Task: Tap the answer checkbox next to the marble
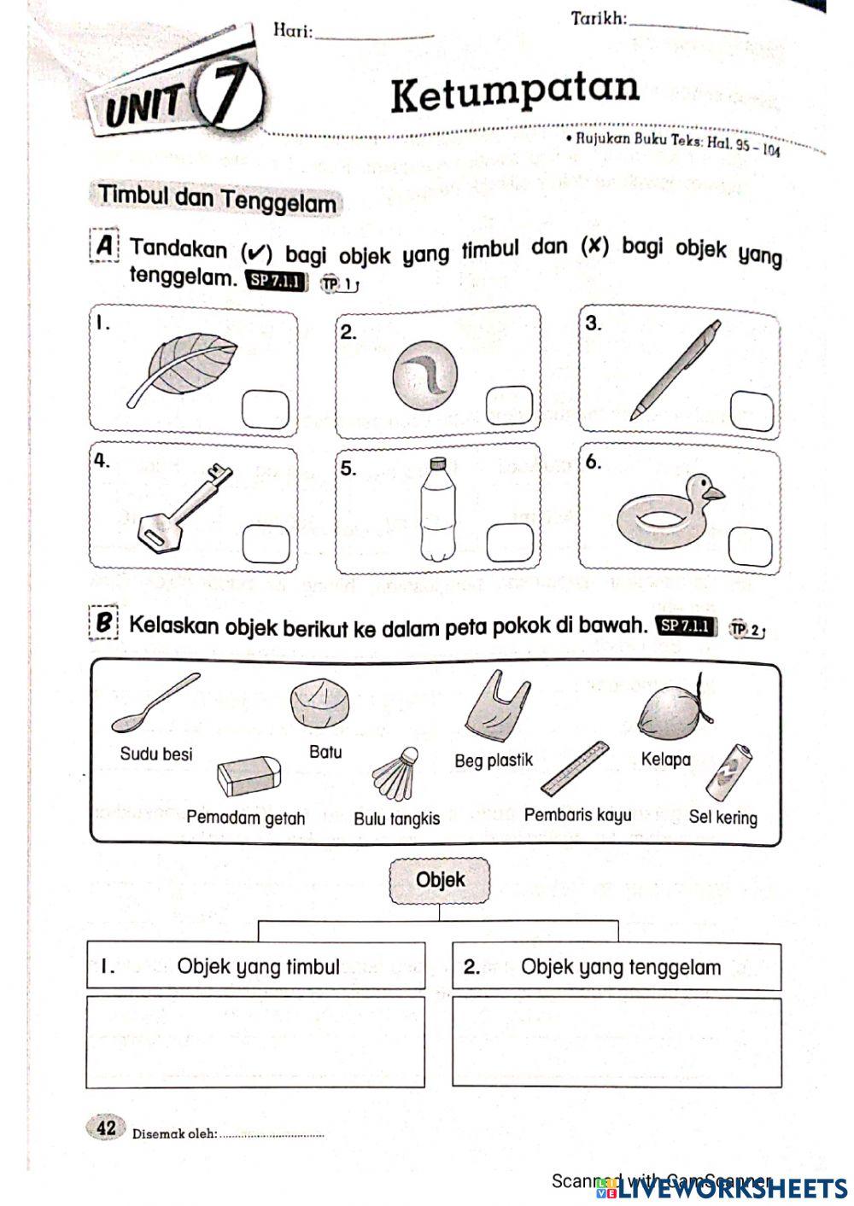[509, 405]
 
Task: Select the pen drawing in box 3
[676, 370]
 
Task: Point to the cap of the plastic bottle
[437, 464]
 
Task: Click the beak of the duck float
[715, 492]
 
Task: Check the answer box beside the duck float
[751, 547]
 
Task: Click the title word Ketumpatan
[514, 91]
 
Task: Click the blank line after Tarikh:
[688, 27]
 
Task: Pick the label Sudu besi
[156, 754]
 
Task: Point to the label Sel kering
[722, 817]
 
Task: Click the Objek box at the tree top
[440, 880]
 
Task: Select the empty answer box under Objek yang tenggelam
[617, 1041]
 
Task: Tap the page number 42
[106, 1127]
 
